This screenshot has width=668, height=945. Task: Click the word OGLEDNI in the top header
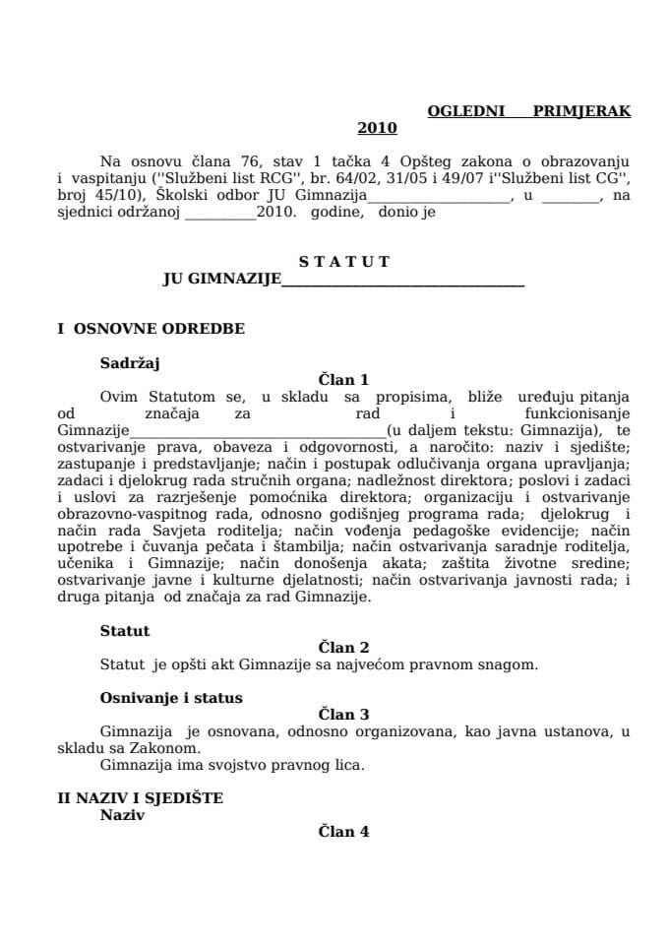tap(465, 111)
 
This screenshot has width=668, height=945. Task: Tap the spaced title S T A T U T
tap(343, 262)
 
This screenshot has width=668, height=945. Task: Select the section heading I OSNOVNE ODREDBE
tap(151, 329)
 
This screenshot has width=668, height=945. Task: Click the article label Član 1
tap(343, 379)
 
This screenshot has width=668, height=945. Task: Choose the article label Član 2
tap(343, 647)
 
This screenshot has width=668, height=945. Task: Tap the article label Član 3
tap(343, 714)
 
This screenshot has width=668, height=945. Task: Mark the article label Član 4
tap(343, 831)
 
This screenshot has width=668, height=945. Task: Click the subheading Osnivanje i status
tap(170, 697)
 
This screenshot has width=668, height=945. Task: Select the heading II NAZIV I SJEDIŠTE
tap(140, 797)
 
